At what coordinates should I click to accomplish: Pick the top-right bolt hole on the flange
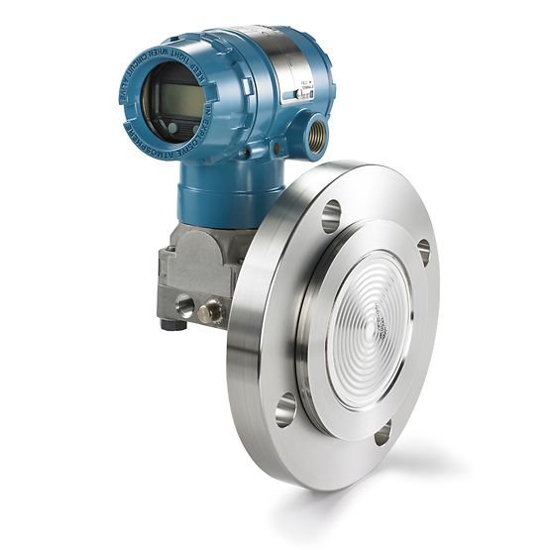424,251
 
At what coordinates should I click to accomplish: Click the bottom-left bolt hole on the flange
285,407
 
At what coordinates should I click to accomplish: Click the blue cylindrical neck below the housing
214,193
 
